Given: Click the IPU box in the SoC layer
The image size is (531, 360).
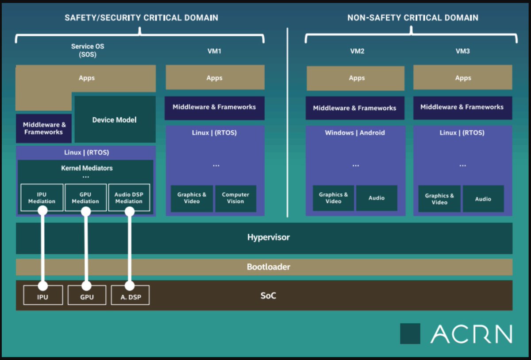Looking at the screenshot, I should click(x=42, y=295).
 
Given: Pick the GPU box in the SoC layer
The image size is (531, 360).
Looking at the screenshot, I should click(x=87, y=295).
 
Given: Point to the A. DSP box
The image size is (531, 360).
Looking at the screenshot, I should click(x=131, y=295).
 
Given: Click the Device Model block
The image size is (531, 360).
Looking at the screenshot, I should click(x=115, y=120).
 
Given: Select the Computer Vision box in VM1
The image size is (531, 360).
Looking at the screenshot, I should click(x=235, y=198).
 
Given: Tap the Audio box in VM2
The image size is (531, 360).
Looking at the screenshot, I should click(x=377, y=198).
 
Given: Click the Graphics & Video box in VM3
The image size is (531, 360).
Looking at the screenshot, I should click(x=439, y=199).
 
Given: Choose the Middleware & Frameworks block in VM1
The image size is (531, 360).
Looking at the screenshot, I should click(x=214, y=107).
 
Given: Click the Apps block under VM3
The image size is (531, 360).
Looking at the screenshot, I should click(x=463, y=78).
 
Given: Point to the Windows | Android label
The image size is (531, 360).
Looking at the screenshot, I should click(x=355, y=133).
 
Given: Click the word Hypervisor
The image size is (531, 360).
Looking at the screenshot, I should click(x=268, y=237).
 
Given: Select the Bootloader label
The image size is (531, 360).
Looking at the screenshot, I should click(x=268, y=267).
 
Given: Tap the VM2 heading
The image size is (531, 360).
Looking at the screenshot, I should click(x=357, y=51).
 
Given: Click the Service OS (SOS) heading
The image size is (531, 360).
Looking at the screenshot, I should click(x=88, y=50).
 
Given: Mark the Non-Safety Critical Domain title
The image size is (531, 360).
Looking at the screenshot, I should click(x=412, y=18).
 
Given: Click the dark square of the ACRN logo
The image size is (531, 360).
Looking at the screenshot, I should click(x=410, y=333).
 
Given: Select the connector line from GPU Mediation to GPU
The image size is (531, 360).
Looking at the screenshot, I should click(x=86, y=248).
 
